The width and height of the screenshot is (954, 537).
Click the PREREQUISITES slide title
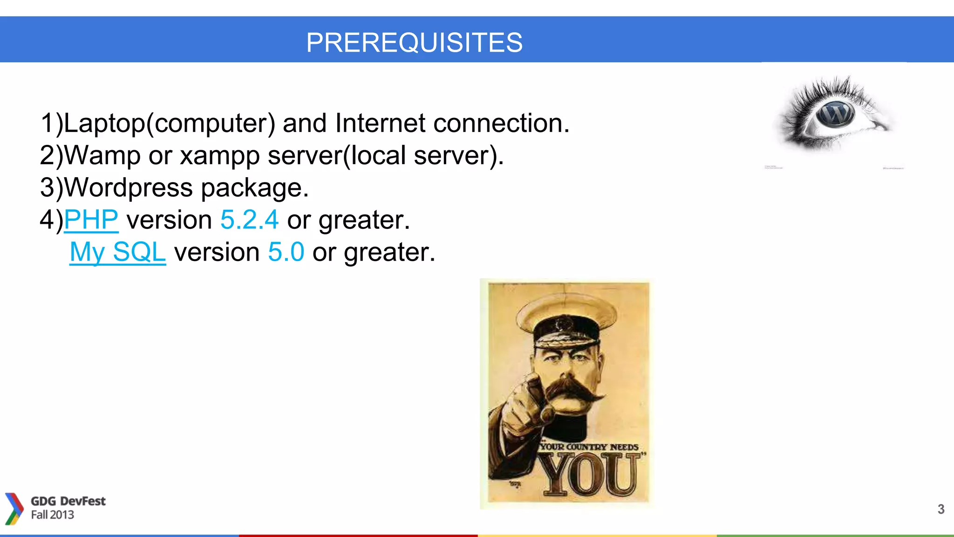coord(414,42)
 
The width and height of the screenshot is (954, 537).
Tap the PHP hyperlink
coord(91,220)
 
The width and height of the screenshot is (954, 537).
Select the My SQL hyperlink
coord(117,252)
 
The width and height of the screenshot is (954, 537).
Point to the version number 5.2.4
coord(249,220)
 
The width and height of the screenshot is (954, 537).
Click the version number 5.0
coord(286,252)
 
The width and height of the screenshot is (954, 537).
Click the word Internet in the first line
coord(380,123)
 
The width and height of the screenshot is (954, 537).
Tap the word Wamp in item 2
coord(102,156)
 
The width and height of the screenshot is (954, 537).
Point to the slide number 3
coord(941,509)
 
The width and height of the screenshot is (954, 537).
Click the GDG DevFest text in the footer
coord(68,501)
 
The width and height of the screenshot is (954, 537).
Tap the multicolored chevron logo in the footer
coord(14,509)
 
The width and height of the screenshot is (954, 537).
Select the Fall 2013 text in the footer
coord(53,515)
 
